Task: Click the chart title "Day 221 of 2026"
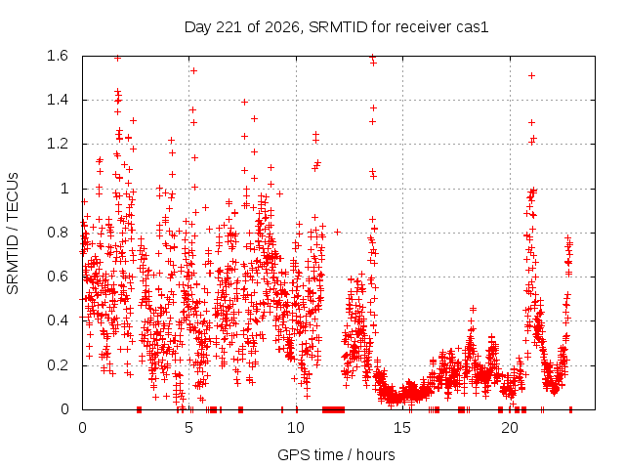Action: (242, 27)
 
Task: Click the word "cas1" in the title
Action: (474, 27)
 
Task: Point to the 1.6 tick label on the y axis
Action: (58, 56)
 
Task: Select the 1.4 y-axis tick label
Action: (58, 100)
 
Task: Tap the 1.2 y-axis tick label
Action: (58, 144)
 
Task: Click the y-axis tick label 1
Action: (64, 189)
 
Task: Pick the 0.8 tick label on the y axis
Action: (58, 233)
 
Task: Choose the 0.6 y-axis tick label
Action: (58, 277)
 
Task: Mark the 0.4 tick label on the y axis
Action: (58, 320)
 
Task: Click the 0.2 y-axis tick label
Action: (58, 364)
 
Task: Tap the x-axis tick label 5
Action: (188, 428)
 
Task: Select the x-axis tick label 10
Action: (295, 428)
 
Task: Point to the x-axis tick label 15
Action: (402, 428)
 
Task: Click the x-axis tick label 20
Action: (510, 428)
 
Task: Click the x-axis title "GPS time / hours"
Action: (336, 454)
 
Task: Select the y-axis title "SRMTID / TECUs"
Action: (13, 234)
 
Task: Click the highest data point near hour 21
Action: (531, 76)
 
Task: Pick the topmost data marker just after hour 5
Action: (193, 71)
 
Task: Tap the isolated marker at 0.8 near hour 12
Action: (337, 232)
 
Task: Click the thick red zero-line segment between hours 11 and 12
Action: (333, 409)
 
